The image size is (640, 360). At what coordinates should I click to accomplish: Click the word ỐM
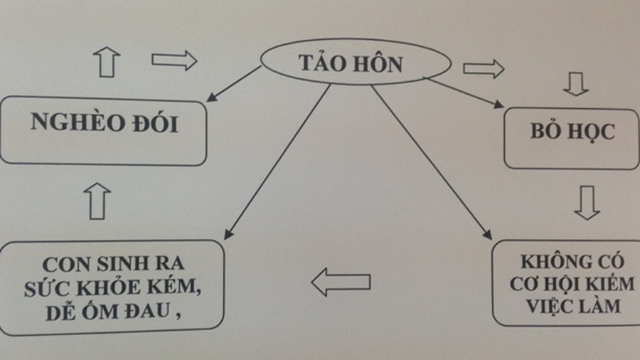click(x=110, y=312)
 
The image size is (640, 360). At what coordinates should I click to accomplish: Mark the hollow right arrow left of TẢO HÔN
click(x=174, y=61)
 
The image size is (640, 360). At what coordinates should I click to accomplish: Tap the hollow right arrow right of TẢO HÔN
click(x=484, y=68)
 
